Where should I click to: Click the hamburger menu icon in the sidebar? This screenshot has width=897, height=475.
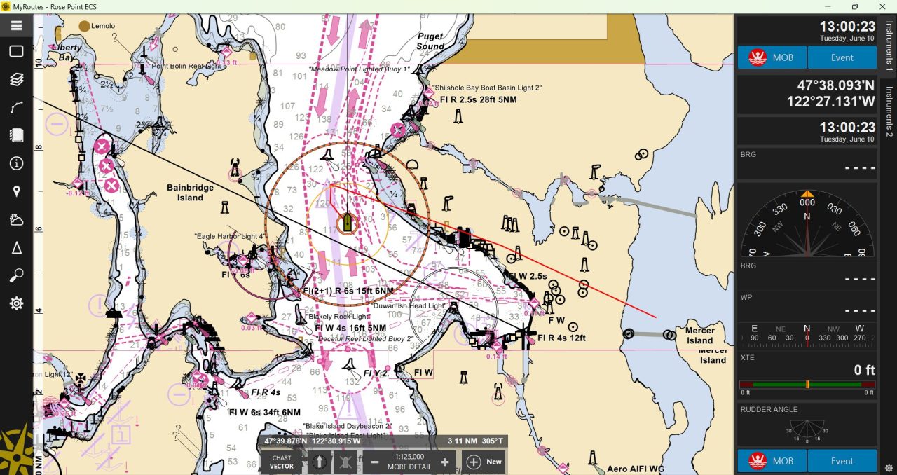[x=17, y=26]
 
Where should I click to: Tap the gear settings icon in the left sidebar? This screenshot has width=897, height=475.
[x=17, y=303]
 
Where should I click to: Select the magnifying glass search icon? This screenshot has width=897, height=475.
[x=17, y=276]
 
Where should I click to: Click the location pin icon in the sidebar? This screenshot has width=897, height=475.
[x=17, y=192]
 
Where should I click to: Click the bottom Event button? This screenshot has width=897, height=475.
[x=842, y=461]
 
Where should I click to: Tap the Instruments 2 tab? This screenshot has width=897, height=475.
[x=889, y=111]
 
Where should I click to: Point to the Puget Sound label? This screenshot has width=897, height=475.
[x=430, y=41]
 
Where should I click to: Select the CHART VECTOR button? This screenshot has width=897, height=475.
[x=282, y=462]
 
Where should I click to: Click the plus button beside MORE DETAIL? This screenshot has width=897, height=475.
[x=444, y=462]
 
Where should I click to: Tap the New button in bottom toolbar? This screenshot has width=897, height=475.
[x=484, y=462]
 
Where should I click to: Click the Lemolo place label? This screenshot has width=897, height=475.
[x=103, y=26]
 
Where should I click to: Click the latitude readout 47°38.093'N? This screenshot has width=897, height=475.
[x=835, y=85]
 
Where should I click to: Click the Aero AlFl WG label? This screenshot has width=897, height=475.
[x=636, y=469]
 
